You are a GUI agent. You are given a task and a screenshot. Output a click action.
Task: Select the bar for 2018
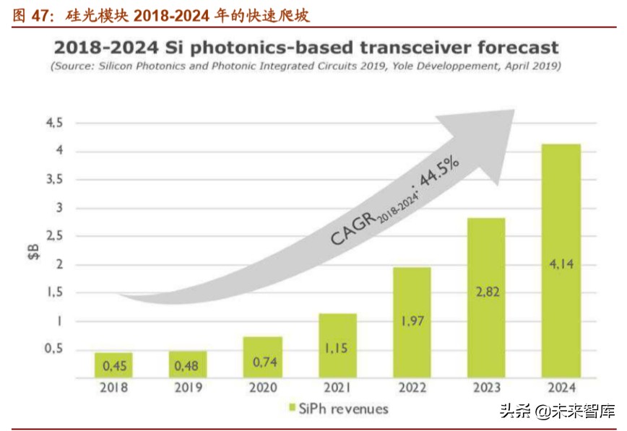(113, 365)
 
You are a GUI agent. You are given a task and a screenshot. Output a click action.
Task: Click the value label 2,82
(486, 292)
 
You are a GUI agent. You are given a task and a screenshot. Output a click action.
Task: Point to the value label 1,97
(412, 321)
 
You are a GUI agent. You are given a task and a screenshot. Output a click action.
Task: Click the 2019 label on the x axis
(188, 387)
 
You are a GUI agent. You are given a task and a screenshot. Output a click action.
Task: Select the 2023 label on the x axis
(486, 387)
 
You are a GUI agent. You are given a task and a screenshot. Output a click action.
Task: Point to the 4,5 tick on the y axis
(54, 123)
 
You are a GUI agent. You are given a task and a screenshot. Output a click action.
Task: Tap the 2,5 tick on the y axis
(54, 236)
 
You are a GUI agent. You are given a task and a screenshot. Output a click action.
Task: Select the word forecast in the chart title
(512, 48)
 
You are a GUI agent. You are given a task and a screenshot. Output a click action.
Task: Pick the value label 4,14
(561, 264)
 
